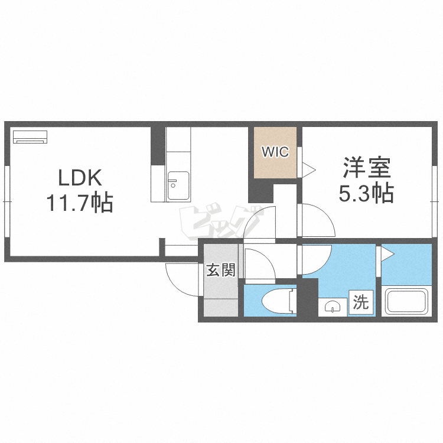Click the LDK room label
click(80, 177)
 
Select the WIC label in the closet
click(275, 152)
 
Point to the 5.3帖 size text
click(366, 193)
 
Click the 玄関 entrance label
click(221, 271)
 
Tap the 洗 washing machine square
click(360, 303)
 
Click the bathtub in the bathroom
click(407, 301)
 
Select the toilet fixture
click(278, 301)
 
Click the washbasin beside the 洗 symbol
click(333, 307)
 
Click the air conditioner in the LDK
click(30, 137)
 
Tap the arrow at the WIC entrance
click(309, 171)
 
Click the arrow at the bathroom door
click(387, 255)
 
